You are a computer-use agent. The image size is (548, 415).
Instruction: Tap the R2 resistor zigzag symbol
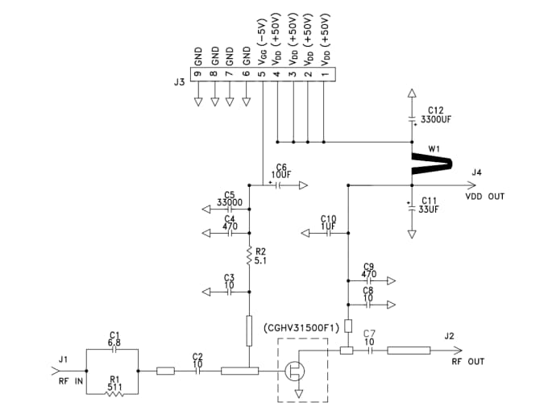pyautogui.click(x=250, y=255)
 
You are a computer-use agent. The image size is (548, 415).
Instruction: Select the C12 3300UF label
pyautogui.click(x=435, y=114)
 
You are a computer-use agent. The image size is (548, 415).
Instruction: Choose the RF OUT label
pyautogui.click(x=467, y=362)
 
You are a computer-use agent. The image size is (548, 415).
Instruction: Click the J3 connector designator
pyautogui.click(x=180, y=81)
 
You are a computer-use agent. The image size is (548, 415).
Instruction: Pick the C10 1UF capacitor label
pyautogui.click(x=328, y=223)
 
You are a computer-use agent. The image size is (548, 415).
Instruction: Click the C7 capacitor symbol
pyautogui.click(x=369, y=351)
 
